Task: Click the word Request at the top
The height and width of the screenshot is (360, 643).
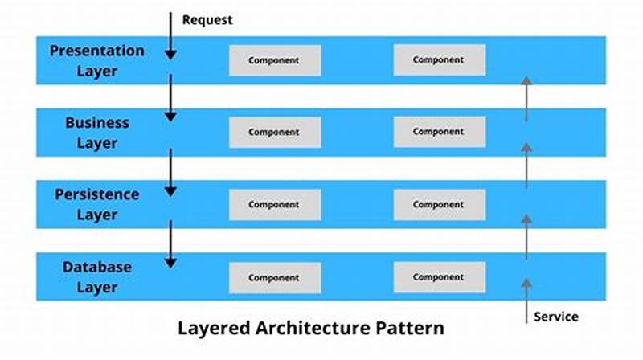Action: pos(207,19)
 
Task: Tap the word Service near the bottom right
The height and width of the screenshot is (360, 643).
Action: pos(555,317)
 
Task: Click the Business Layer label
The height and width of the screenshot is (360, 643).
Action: pos(96,133)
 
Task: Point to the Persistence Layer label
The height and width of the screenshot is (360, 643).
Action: pos(96,204)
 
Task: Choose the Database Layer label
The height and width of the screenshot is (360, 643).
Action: pos(96,276)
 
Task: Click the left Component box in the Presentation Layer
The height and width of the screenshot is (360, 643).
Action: pos(274,60)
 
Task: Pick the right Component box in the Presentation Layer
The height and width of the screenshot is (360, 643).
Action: pos(439,60)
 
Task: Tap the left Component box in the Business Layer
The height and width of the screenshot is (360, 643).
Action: pos(274,132)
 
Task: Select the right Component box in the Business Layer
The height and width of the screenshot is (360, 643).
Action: pos(439,132)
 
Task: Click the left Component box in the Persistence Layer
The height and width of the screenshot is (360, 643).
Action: pos(274,204)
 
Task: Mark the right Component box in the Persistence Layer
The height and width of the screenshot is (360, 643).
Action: pos(439,204)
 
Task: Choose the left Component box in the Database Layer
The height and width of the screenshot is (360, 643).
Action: pos(274,277)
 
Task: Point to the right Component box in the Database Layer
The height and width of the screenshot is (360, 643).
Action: pos(439,277)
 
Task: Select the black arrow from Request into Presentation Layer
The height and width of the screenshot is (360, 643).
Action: pos(170,36)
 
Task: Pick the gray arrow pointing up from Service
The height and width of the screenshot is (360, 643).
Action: pos(526,293)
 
